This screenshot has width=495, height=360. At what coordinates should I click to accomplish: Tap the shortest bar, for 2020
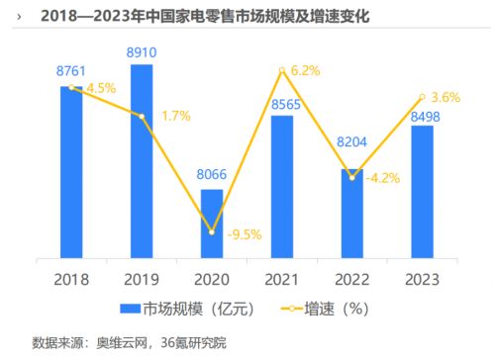tap(212, 223)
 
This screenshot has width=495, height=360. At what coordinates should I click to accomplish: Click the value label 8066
tap(212, 176)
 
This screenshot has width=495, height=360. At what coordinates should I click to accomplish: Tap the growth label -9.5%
tap(243, 236)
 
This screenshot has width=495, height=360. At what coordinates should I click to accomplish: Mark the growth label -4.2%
tap(383, 179)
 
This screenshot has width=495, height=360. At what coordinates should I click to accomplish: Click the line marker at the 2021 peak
tap(282, 70)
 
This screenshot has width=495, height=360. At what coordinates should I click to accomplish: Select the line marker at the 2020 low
tap(212, 232)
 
